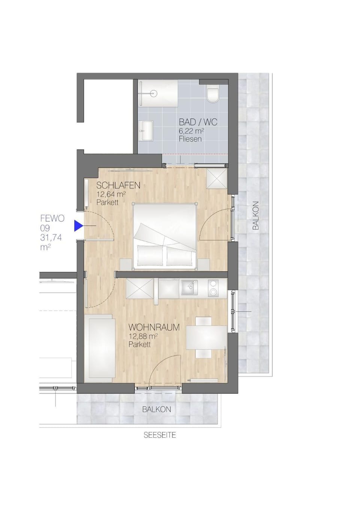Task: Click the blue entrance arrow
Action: [x=78, y=226]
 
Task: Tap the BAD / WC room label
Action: [x=198, y=122]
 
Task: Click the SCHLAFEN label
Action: [x=118, y=185]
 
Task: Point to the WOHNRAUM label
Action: [x=154, y=327]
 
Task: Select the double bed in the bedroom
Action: [x=165, y=236]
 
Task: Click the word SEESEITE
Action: [x=160, y=435]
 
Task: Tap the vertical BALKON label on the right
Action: [x=256, y=216]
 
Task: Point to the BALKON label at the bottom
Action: [x=156, y=410]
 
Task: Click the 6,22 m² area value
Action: [x=191, y=131]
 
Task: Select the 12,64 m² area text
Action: [x=111, y=194]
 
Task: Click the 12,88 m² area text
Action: [x=143, y=336]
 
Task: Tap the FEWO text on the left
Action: [x=52, y=218]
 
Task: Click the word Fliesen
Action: [x=190, y=139]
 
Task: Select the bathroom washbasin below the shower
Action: [x=147, y=131]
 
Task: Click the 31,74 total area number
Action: [x=51, y=237]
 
